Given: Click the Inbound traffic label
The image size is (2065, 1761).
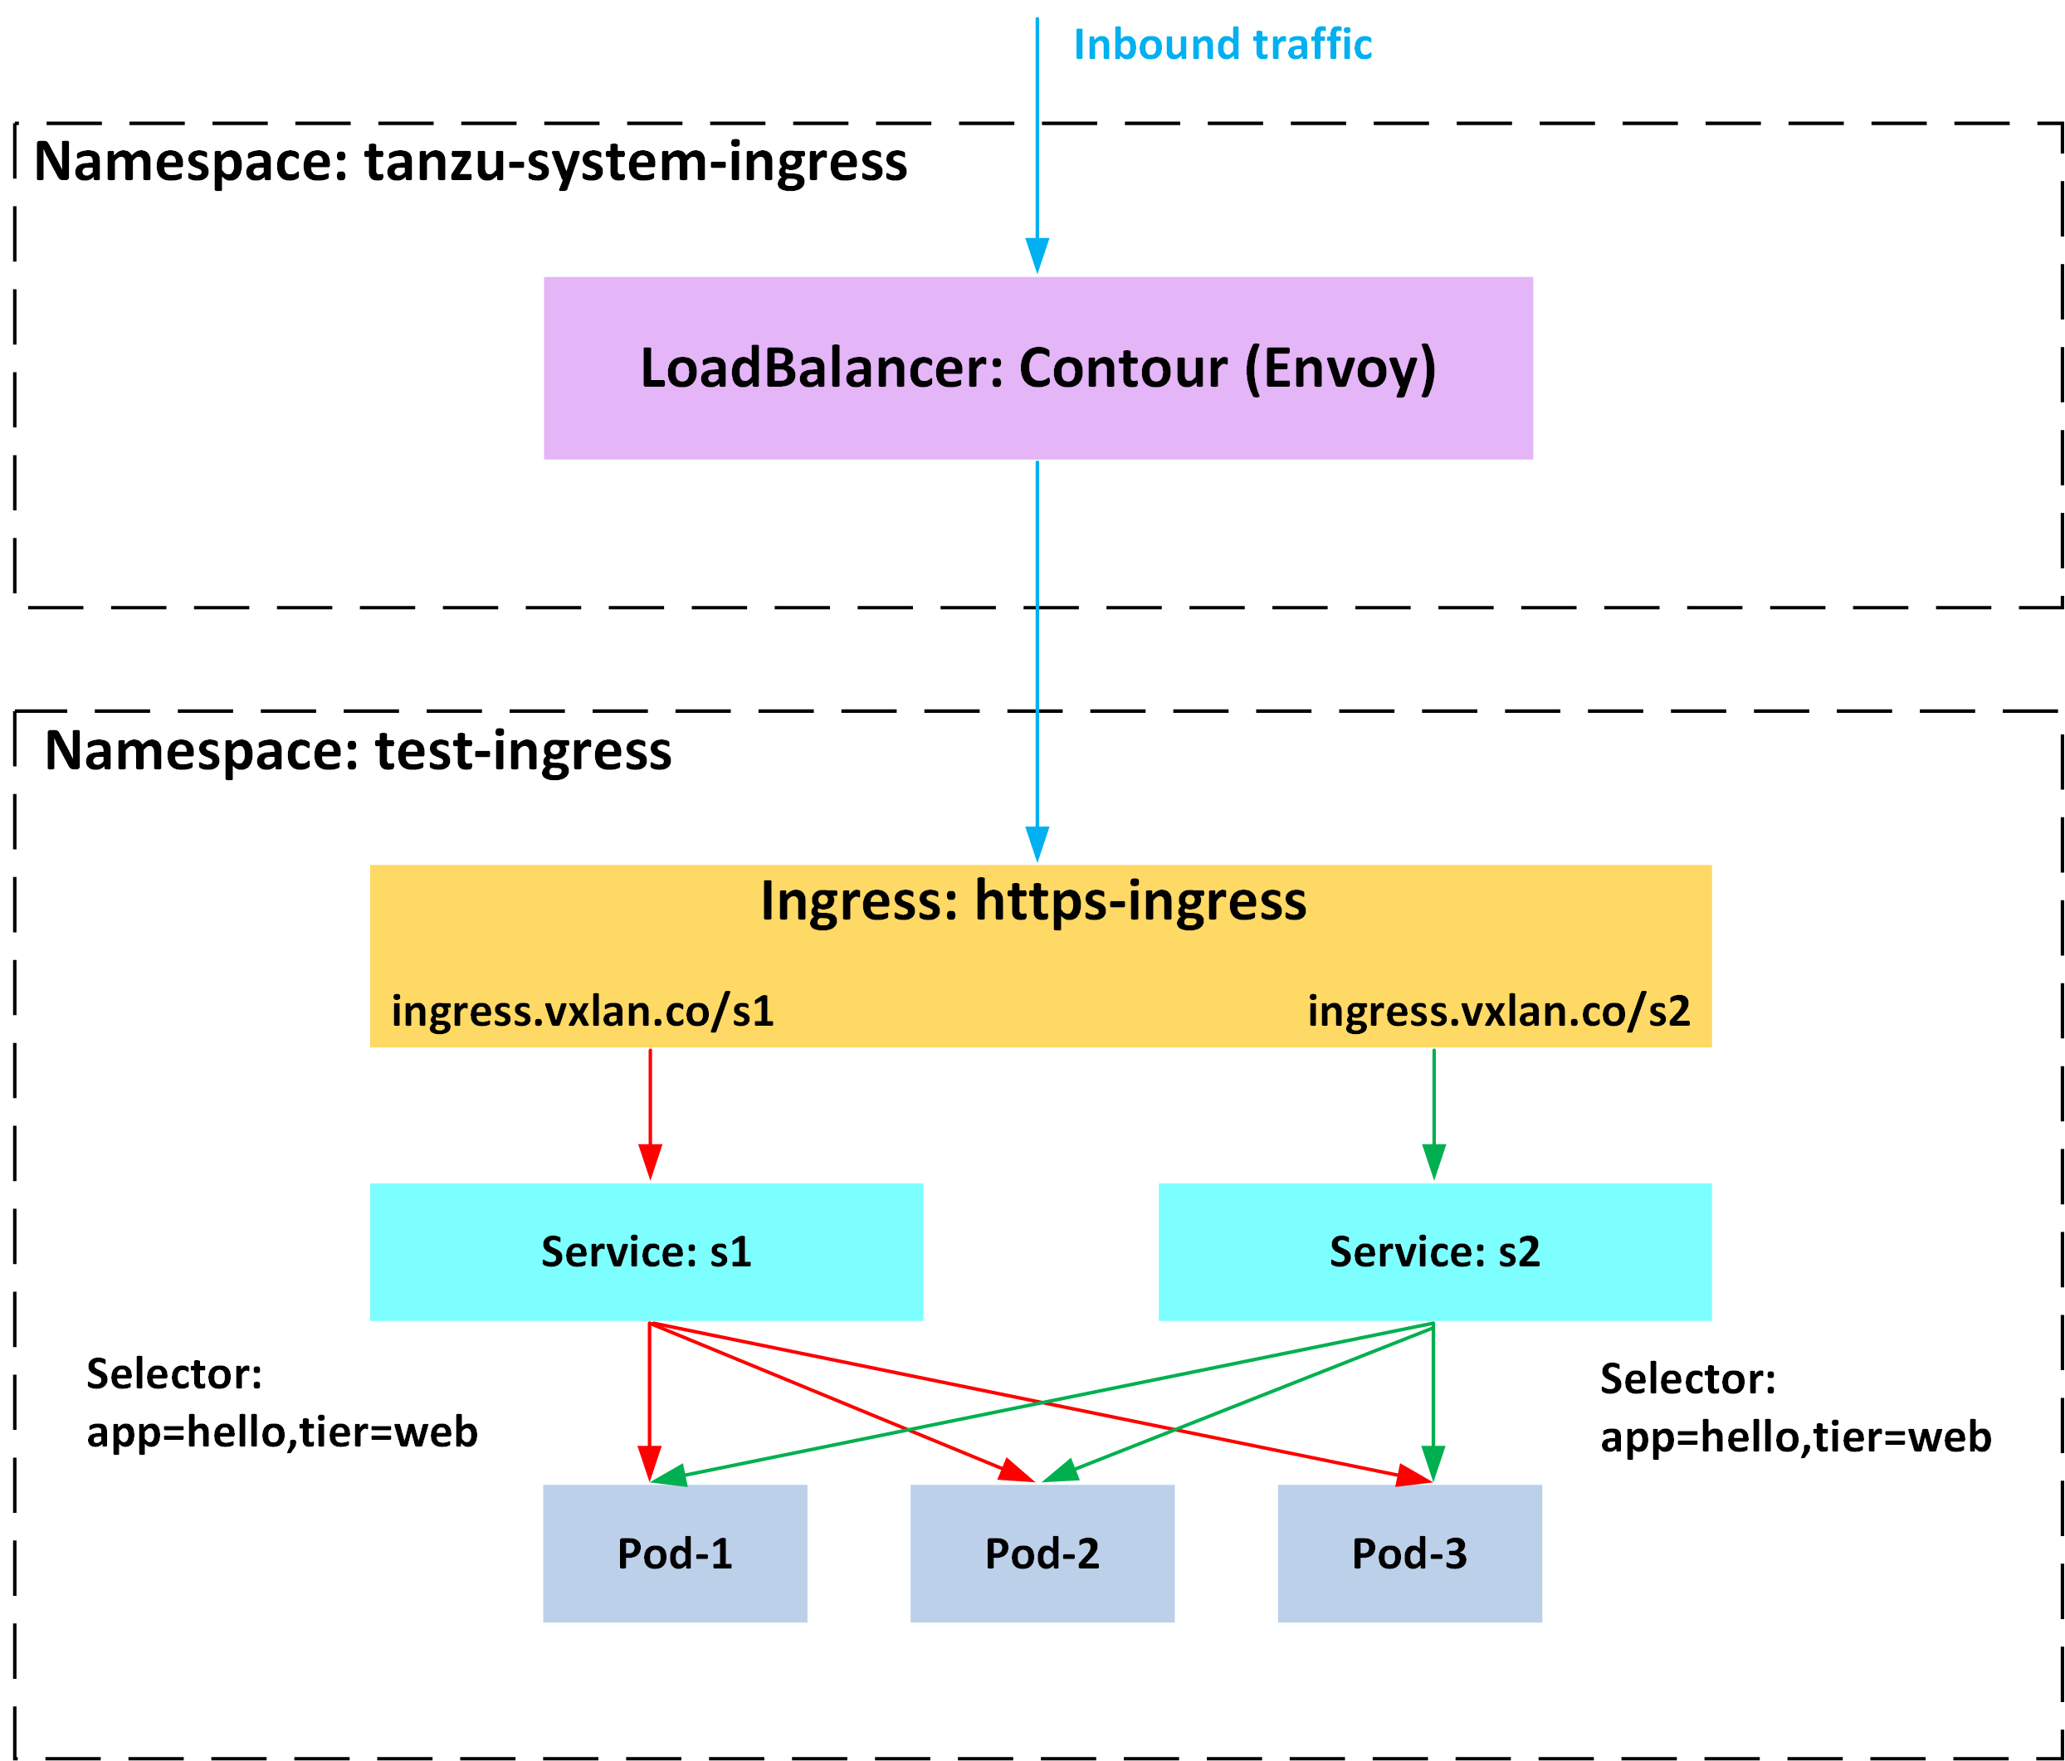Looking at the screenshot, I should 1222,45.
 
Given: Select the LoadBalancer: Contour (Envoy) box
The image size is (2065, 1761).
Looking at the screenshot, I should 1037,368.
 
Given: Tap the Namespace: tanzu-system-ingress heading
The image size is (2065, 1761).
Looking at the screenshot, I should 471,162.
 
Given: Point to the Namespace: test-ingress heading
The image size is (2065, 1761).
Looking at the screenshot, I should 358,750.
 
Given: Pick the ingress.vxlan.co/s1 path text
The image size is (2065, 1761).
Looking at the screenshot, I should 582,1011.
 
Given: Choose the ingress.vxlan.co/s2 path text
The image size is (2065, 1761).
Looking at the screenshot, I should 1498,1011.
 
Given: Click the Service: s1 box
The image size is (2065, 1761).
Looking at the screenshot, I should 646,1251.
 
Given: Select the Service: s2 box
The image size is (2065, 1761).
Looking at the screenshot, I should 1434,1251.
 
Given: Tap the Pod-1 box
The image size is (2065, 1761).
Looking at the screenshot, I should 675,1554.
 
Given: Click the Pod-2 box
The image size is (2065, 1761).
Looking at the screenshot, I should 1042,1554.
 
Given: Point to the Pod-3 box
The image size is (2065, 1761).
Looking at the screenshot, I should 1409,1554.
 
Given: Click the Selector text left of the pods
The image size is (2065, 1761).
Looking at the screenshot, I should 281,1403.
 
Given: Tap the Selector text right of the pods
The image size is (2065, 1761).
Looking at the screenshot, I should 1795,1408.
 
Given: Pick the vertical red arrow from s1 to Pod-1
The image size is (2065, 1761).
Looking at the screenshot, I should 649,1395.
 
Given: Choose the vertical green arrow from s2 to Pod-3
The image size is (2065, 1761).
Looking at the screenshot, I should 1433,1395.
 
